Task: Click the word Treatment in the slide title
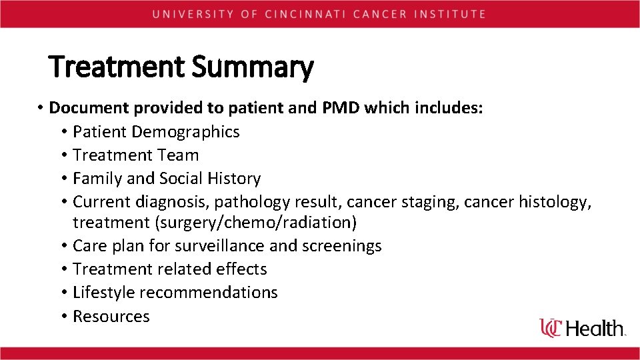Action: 117,68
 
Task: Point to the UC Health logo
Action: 583,327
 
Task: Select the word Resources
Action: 111,316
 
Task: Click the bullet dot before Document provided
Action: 41,108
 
